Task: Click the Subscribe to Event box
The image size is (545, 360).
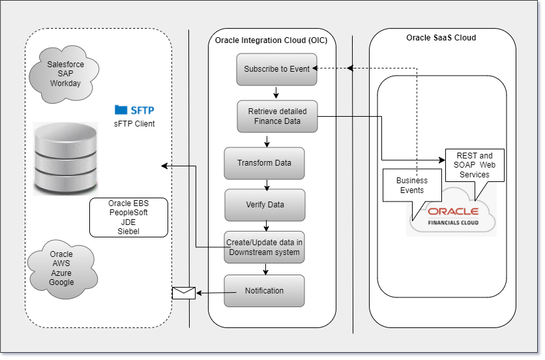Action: (x=277, y=69)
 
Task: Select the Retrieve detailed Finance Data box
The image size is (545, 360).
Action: (x=277, y=116)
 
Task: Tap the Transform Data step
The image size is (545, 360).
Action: (x=264, y=163)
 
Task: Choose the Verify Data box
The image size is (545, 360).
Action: (x=265, y=205)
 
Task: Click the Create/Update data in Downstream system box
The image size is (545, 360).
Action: (x=264, y=247)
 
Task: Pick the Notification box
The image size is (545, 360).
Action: (x=264, y=291)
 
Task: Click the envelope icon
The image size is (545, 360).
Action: (x=183, y=293)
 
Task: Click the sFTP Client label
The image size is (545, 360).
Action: (x=134, y=123)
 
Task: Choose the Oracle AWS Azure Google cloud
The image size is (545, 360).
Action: (x=61, y=268)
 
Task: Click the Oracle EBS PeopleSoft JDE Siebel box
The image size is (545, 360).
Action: (x=128, y=217)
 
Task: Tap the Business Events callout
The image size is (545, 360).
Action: (x=412, y=187)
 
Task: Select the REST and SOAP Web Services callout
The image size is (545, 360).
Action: (x=474, y=166)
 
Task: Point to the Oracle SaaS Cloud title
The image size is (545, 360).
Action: (x=441, y=38)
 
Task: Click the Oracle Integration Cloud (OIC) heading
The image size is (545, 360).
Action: (x=271, y=40)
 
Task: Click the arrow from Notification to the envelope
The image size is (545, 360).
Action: (x=210, y=293)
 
